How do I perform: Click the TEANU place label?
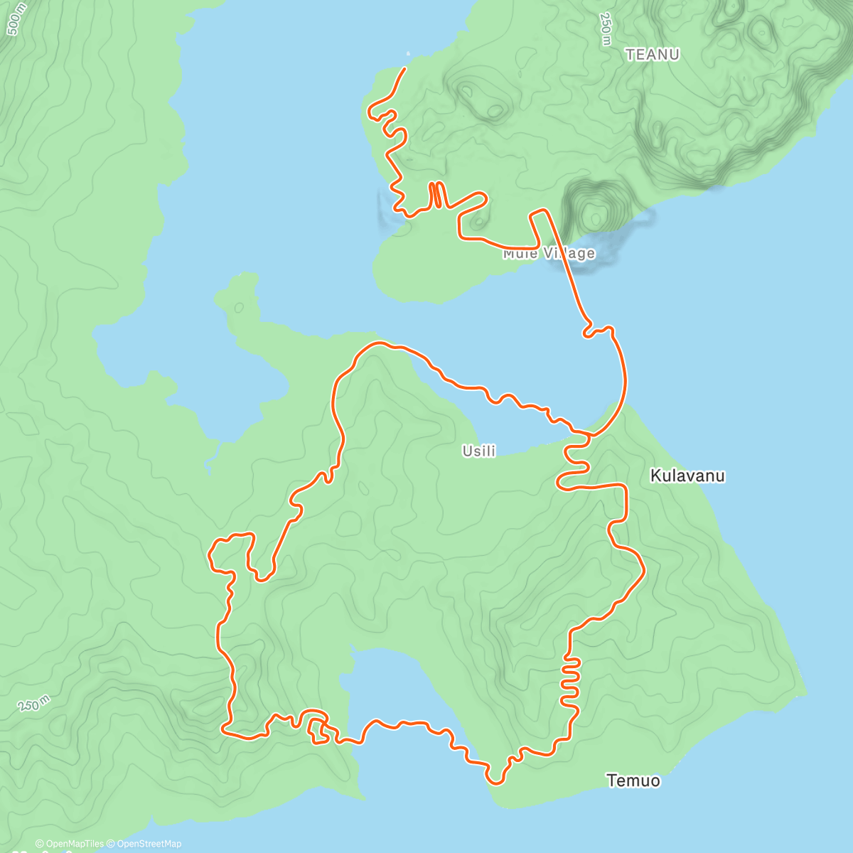[652, 55]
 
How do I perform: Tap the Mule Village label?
[549, 253]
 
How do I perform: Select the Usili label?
[478, 451]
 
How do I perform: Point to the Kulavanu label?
[687, 476]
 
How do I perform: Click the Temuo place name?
[633, 780]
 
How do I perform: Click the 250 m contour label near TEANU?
[606, 29]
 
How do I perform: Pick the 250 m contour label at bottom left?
[34, 704]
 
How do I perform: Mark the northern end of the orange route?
[404, 68]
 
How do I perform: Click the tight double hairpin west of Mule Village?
[436, 195]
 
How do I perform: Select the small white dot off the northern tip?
[408, 53]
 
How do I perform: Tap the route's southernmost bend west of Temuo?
[495, 783]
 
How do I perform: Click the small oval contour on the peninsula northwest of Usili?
[239, 308]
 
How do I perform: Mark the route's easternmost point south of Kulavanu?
[643, 570]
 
